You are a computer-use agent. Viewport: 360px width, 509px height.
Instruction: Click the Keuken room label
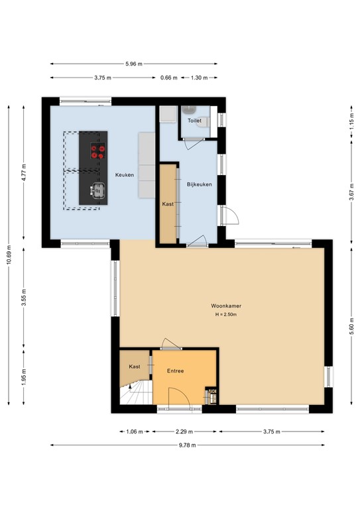click(x=125, y=175)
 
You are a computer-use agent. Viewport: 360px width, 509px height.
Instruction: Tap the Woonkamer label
click(x=226, y=306)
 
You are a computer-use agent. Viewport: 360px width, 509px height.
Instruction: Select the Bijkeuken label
click(x=200, y=184)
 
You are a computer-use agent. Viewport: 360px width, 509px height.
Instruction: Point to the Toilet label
click(x=194, y=121)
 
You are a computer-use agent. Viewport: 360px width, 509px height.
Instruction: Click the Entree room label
click(x=175, y=370)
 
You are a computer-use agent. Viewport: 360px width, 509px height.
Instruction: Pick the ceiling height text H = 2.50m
click(x=226, y=314)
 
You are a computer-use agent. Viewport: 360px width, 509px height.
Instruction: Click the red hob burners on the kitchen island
click(x=98, y=151)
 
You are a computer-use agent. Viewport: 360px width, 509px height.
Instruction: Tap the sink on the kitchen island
click(x=97, y=191)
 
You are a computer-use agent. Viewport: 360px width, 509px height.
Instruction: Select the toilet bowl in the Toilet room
click(x=204, y=122)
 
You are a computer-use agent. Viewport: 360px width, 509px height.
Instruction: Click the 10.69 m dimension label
click(x=9, y=254)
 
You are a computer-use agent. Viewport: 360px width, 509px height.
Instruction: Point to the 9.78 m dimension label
click(x=188, y=445)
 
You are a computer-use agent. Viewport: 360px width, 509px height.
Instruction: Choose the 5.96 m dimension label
click(x=134, y=64)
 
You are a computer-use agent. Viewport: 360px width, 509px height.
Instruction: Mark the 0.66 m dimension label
click(x=169, y=78)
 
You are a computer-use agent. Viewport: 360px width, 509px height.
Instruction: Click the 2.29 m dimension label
click(x=184, y=431)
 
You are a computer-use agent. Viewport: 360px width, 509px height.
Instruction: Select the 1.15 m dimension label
click(x=351, y=123)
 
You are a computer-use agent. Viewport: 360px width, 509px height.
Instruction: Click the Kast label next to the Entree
click(x=135, y=367)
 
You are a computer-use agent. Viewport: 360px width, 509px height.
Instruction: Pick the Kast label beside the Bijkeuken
click(x=168, y=204)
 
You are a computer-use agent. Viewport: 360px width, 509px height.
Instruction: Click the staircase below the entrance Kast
click(x=137, y=393)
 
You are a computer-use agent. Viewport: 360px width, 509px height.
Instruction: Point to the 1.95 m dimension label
click(x=24, y=377)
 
